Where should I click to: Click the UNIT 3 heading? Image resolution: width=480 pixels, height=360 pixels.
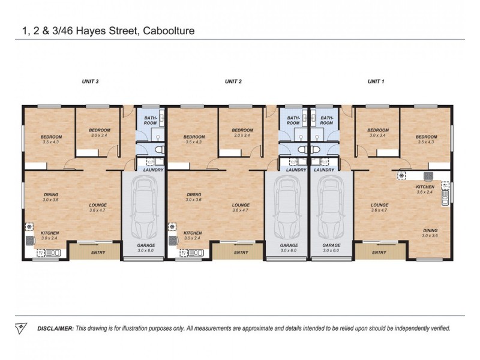[x=90, y=81]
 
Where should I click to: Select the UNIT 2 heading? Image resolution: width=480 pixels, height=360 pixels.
[x=233, y=81]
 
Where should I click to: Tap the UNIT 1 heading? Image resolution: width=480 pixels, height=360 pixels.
[x=376, y=81]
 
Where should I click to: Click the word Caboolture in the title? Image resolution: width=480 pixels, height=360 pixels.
[x=169, y=29]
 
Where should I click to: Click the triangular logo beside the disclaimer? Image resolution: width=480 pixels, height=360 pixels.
[x=21, y=328]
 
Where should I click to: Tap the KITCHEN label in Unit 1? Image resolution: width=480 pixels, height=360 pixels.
[x=425, y=187]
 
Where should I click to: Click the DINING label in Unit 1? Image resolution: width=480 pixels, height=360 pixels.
[x=430, y=230]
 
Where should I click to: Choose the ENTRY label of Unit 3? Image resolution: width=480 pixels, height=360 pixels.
[x=98, y=253]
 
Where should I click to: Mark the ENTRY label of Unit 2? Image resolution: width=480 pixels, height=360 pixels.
[x=241, y=253]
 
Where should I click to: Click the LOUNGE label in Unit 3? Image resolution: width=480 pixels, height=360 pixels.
[x=97, y=205]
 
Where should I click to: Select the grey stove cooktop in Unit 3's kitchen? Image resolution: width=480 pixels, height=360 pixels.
[x=29, y=240]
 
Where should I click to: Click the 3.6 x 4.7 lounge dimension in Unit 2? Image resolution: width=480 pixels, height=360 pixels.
[x=241, y=211]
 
